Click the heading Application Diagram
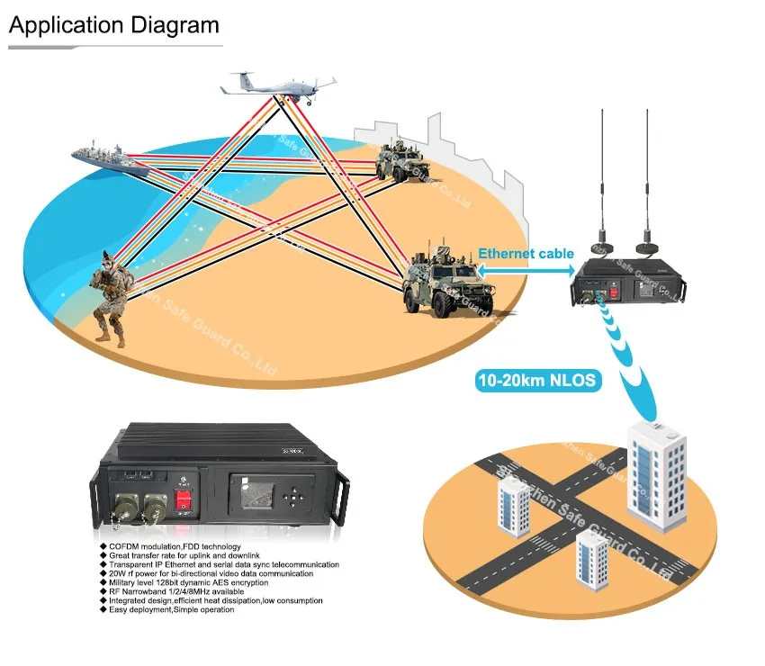tap(113, 24)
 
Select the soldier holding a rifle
tap(110, 298)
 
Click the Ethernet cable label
tap(526, 254)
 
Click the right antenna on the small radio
tap(645, 180)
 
